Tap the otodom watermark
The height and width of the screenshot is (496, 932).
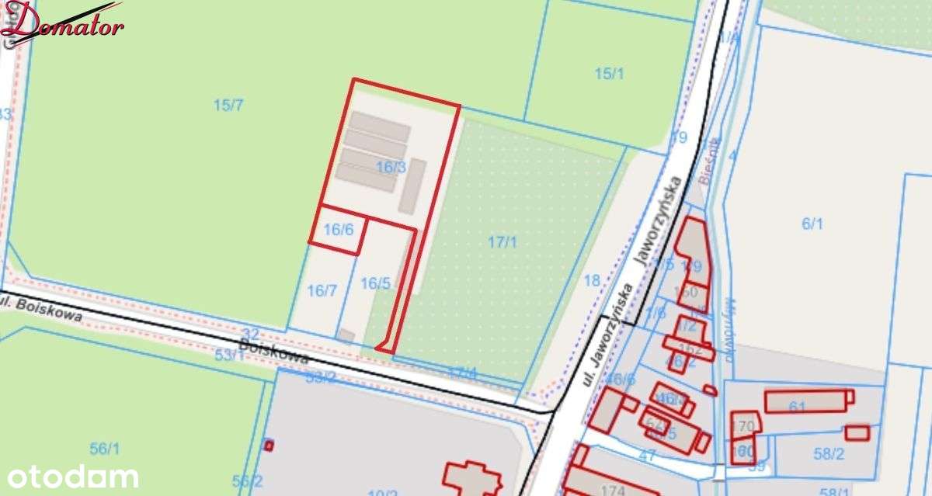(x=73, y=476)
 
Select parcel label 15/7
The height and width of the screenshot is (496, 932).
(x=228, y=105)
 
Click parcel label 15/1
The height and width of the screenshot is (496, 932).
(x=610, y=74)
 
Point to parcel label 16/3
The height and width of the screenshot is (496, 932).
(x=391, y=167)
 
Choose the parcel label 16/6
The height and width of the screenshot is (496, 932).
(x=339, y=229)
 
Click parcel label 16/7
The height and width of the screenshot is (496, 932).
(x=322, y=290)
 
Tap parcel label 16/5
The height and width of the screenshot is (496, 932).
(x=375, y=283)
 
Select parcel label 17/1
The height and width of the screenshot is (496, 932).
(x=503, y=241)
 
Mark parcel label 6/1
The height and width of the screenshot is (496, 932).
(x=812, y=224)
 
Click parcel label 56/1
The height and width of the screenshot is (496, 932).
(x=105, y=448)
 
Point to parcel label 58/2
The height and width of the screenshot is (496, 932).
(x=829, y=453)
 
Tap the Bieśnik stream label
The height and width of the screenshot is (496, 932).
(x=707, y=161)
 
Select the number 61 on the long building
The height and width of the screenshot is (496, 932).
(x=797, y=408)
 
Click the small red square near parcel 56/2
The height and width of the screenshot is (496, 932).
(x=269, y=445)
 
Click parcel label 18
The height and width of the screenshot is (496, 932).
(x=592, y=280)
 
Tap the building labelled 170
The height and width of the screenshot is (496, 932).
(x=744, y=425)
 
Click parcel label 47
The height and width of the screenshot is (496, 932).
(x=647, y=456)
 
